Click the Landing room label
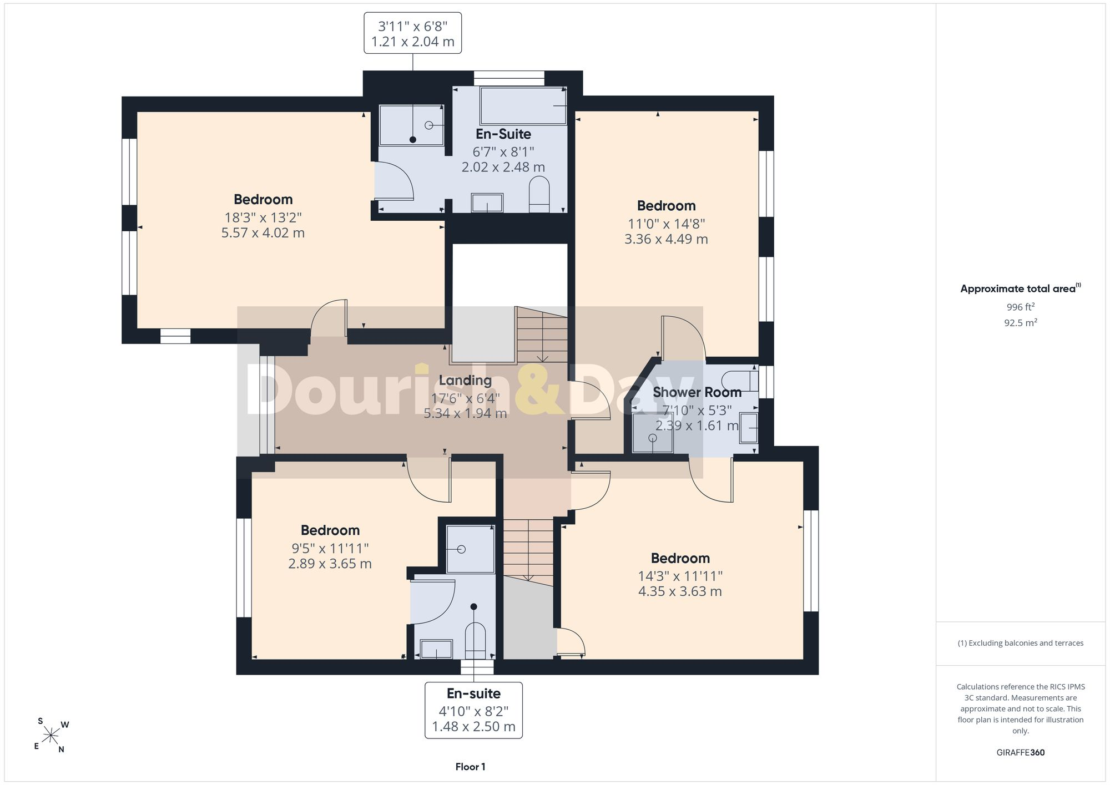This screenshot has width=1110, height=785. (465, 381)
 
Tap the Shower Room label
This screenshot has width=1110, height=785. (697, 392)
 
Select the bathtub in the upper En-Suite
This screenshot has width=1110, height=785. (523, 105)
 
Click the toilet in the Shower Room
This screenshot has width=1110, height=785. (740, 381)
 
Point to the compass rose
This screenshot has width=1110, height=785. (51, 736)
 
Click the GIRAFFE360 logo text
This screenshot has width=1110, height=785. (1020, 752)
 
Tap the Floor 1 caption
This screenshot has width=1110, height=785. (470, 767)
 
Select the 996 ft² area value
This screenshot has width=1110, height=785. (1020, 307)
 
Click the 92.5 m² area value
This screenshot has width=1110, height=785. (1020, 322)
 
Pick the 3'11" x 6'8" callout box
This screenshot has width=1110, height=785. (412, 33)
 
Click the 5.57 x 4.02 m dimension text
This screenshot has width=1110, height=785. (263, 233)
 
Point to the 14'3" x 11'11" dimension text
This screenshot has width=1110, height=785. (680, 576)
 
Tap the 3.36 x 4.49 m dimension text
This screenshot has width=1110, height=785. (666, 239)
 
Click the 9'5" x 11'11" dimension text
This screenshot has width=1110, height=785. (330, 549)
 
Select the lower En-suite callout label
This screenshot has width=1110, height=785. (473, 693)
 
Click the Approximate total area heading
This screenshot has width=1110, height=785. (1020, 288)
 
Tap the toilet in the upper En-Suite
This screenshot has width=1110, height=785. (539, 194)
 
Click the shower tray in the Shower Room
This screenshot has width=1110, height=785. (653, 433)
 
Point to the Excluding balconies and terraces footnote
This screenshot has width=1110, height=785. (1020, 643)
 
